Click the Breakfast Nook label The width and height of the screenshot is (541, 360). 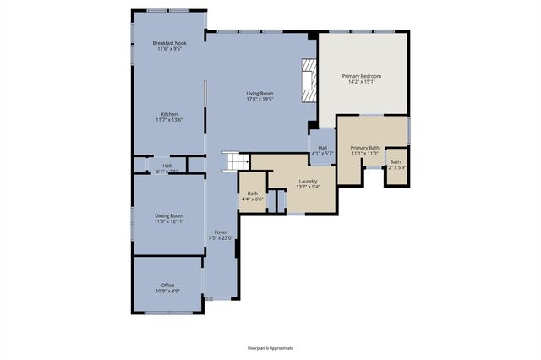pos(169,42)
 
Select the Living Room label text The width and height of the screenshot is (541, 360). pos(260,93)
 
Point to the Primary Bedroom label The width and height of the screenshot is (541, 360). pos(361,76)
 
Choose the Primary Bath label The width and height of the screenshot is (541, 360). pos(365,148)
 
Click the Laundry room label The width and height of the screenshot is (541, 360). pos(308,181)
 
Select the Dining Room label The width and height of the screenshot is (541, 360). pos(169,215)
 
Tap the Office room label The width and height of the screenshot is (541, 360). pos(167,285)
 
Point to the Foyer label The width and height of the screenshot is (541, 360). pos(221,232)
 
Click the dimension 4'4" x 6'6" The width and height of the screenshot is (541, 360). pos(254,199)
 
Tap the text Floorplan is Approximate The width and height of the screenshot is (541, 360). pos(270,347)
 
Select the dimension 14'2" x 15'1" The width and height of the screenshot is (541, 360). pos(361,82)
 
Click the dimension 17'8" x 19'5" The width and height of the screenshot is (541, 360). pos(260,99)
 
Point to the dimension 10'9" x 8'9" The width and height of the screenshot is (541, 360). pos(167,291)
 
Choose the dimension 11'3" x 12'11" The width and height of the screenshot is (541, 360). pos(169,221)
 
